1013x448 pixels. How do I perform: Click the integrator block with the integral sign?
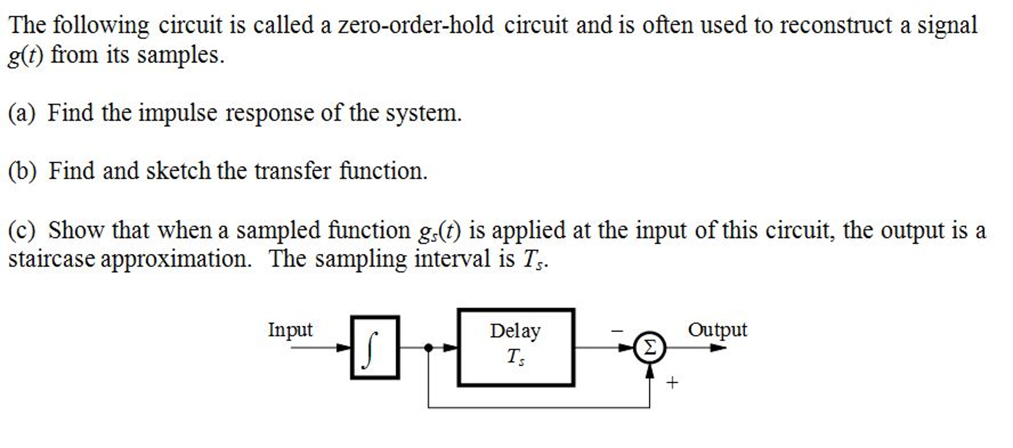(375, 348)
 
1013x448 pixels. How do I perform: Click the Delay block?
(516, 347)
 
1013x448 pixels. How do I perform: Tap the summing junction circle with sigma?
(650, 348)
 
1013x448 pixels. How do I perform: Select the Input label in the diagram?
(290, 330)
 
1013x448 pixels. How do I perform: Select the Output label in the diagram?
(717, 330)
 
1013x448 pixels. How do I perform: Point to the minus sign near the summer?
(617, 330)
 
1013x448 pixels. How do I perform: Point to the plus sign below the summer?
(672, 382)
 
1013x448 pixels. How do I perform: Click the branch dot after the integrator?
(428, 348)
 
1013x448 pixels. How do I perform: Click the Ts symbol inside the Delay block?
(515, 356)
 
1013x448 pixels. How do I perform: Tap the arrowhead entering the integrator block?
(344, 348)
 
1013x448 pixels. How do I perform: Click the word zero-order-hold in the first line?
(416, 25)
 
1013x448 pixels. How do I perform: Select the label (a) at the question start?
(22, 113)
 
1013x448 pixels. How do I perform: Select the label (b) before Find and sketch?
(22, 171)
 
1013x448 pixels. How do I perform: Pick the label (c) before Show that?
(22, 230)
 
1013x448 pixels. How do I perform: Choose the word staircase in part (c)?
(51, 259)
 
